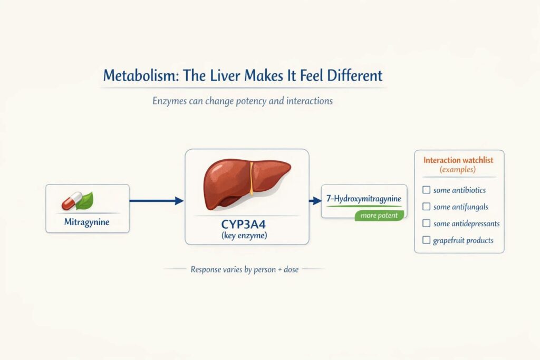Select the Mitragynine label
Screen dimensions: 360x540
(86, 222)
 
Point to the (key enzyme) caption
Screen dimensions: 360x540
(247, 236)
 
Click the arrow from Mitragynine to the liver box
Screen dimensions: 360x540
(156, 200)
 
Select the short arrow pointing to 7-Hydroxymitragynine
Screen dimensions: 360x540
(315, 200)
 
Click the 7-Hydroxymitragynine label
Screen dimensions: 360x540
(364, 199)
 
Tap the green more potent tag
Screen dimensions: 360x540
(380, 215)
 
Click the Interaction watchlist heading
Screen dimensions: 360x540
(459, 160)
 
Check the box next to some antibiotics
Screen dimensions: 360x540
(427, 190)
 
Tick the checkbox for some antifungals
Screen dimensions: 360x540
(427, 207)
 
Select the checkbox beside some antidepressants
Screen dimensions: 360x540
(427, 223)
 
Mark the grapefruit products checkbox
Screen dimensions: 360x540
(427, 240)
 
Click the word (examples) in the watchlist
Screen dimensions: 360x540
(459, 170)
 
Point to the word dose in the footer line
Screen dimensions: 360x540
(290, 269)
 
